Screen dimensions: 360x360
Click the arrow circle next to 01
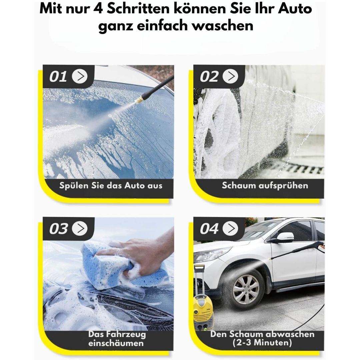tap(80, 76)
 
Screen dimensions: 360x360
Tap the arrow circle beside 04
tap(230, 228)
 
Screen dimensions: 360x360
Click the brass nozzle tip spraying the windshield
tap(139, 100)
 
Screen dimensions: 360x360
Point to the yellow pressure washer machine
tap(203, 305)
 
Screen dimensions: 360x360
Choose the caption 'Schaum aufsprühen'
tap(265, 186)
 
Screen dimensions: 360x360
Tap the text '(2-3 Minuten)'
tap(262, 343)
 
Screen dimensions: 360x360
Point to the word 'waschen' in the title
tap(223, 25)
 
